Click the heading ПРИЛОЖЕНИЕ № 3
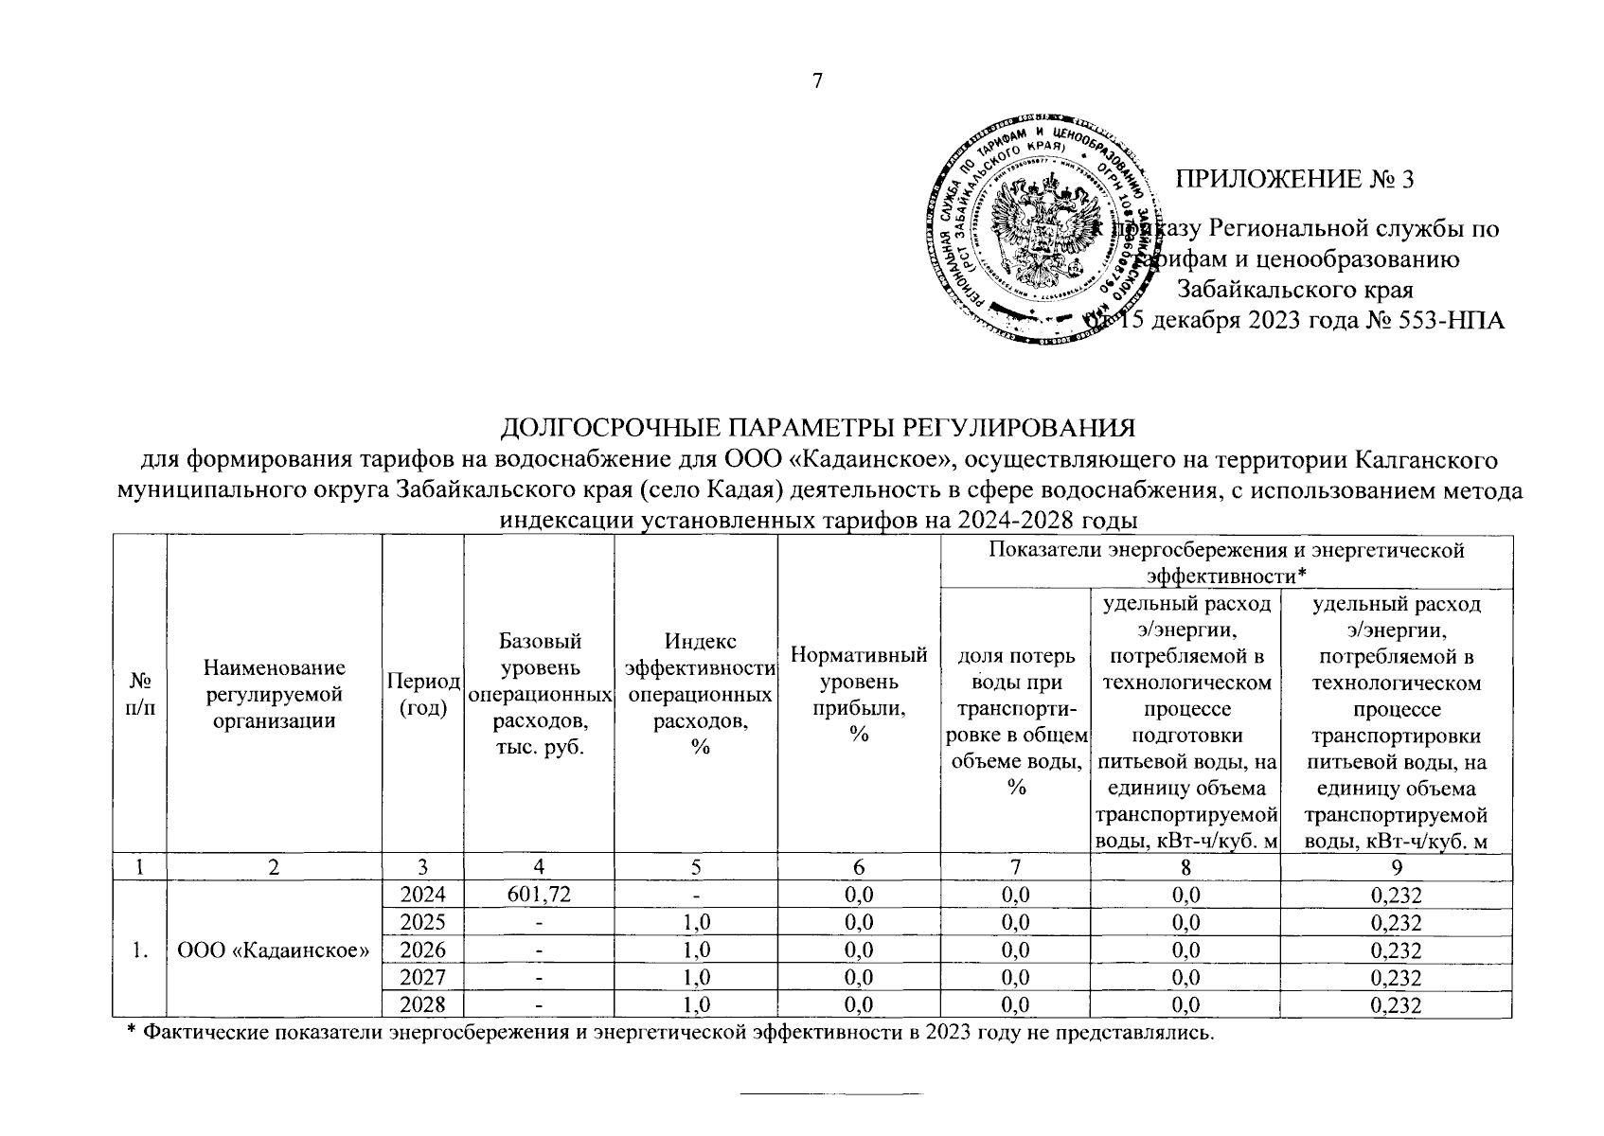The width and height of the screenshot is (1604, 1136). pyautogui.click(x=1293, y=179)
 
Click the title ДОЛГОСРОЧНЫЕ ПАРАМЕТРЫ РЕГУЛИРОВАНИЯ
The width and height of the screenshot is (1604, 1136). pyautogui.click(x=817, y=428)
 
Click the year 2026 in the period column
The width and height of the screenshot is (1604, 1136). pyautogui.click(x=422, y=950)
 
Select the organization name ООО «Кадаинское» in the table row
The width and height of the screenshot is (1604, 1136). pyautogui.click(x=274, y=950)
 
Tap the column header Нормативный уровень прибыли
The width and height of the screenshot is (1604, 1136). pyautogui.click(x=859, y=694)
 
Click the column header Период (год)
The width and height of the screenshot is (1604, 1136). pyautogui.click(x=422, y=695)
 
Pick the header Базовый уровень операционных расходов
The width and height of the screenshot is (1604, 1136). pyautogui.click(x=539, y=695)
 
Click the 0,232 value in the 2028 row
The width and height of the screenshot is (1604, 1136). pyautogui.click(x=1396, y=1004)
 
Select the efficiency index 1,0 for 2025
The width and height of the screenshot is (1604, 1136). pyautogui.click(x=696, y=923)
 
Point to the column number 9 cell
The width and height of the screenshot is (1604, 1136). pyautogui.click(x=1396, y=867)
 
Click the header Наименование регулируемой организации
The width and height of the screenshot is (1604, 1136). pyautogui.click(x=274, y=695)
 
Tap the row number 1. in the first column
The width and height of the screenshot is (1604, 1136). pyautogui.click(x=140, y=950)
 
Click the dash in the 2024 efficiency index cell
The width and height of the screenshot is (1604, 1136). pyautogui.click(x=696, y=896)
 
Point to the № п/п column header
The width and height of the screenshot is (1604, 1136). pyautogui.click(x=140, y=695)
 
